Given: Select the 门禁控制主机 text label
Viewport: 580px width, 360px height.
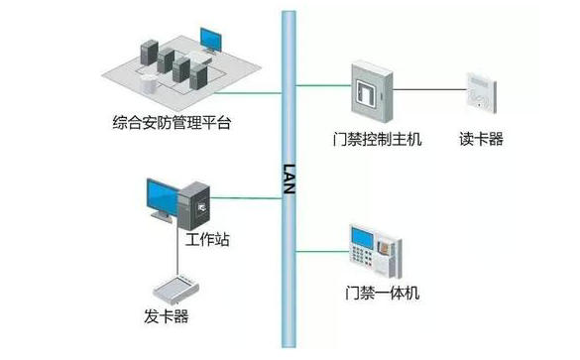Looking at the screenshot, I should click(x=379, y=140).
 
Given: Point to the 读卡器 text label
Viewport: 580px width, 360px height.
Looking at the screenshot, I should click(x=482, y=140).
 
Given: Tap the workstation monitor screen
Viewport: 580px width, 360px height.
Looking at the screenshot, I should click(x=163, y=197).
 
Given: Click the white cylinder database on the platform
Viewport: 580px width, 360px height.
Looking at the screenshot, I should click(x=150, y=80).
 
